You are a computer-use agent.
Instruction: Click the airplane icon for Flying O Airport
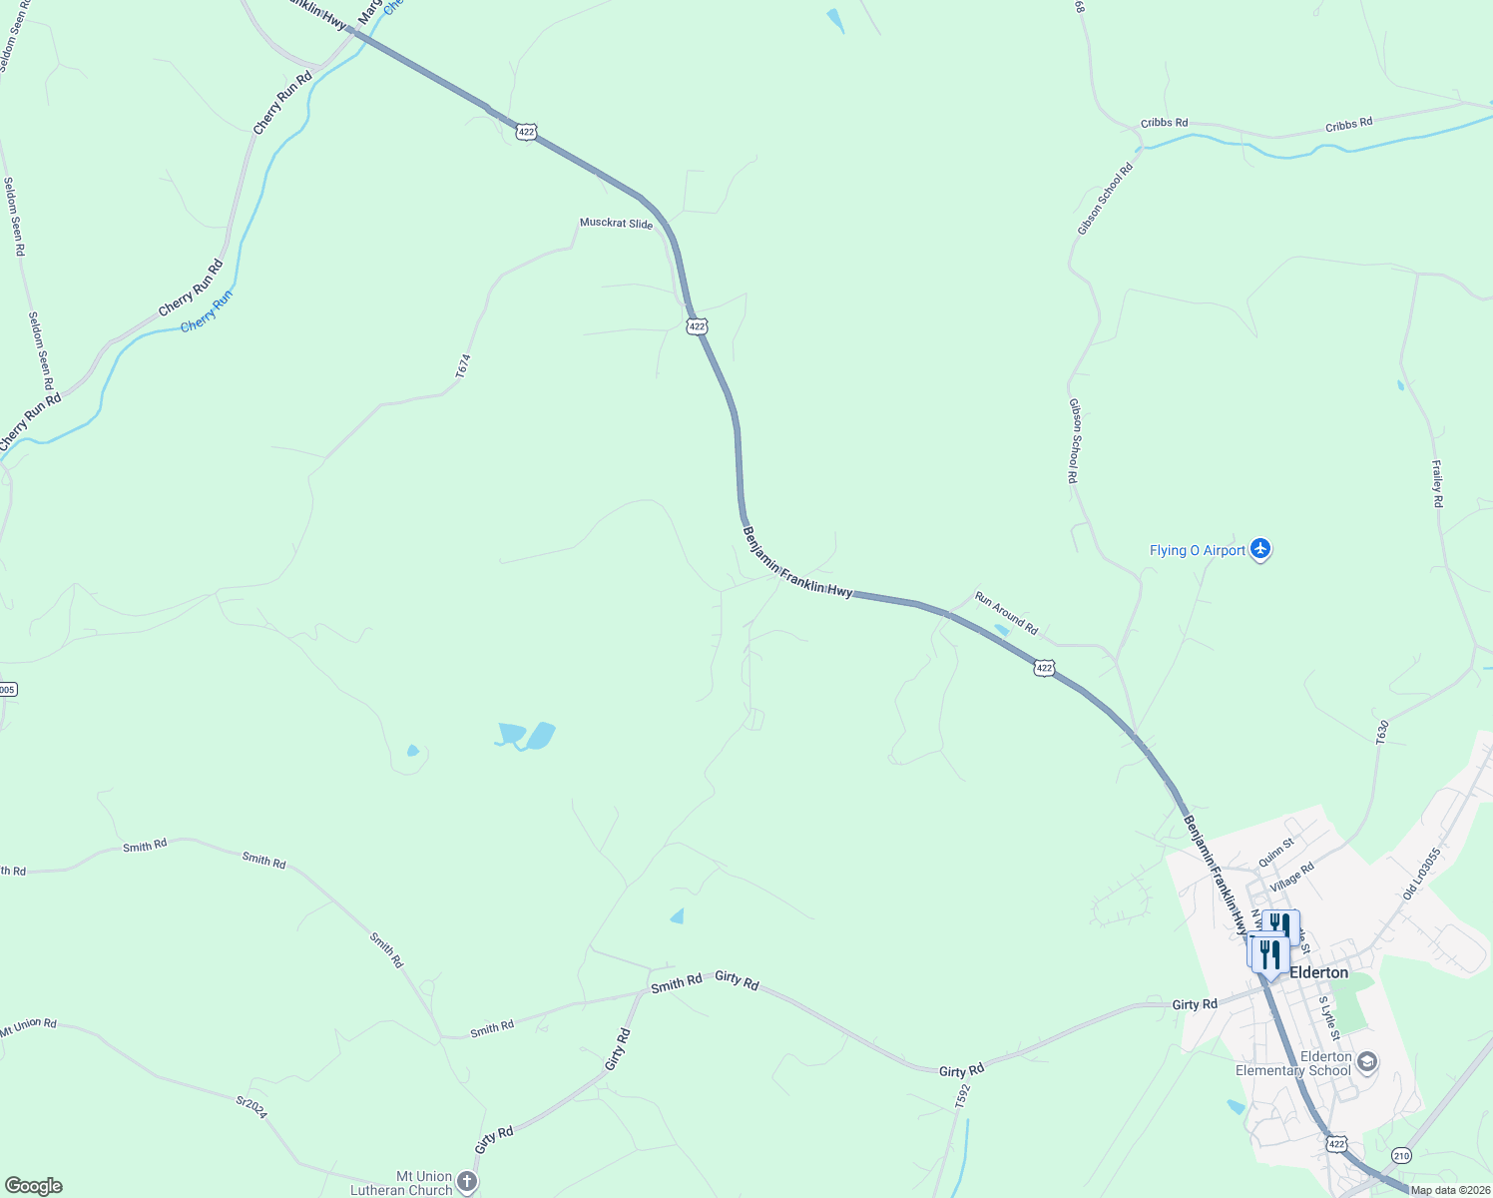(x=1260, y=549)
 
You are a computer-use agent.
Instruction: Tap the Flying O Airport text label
(x=1198, y=550)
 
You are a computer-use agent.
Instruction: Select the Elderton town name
(x=1318, y=972)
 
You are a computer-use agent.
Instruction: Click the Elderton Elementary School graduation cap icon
(x=1367, y=1061)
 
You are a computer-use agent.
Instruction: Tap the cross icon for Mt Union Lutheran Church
(x=467, y=1181)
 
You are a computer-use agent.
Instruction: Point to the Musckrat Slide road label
(x=616, y=223)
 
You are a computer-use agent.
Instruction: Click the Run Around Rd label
(x=1006, y=613)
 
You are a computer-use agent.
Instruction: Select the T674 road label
(x=462, y=366)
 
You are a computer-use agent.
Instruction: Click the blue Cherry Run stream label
(x=207, y=310)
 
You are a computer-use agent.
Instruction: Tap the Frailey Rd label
(x=1437, y=483)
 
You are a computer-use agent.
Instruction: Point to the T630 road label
(x=1382, y=733)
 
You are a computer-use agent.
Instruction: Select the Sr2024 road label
(x=251, y=1107)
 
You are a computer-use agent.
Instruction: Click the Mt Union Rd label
(x=29, y=1027)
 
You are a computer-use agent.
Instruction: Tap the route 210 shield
(x=1402, y=1155)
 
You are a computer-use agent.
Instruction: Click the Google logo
(x=33, y=1186)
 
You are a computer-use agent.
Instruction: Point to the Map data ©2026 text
(x=1450, y=1190)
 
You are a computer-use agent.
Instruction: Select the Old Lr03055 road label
(x=1421, y=874)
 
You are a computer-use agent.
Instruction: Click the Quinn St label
(x=1275, y=852)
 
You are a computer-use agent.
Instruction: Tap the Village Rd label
(x=1291, y=878)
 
